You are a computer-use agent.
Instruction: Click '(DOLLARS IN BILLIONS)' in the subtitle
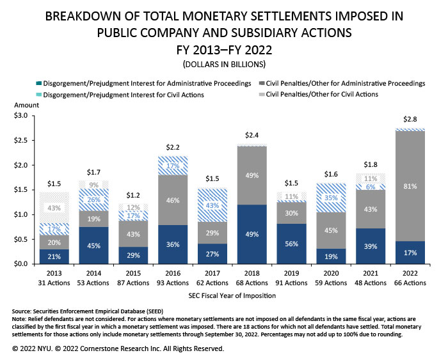pyautogui.click(x=224, y=64)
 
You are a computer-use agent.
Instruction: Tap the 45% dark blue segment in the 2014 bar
pyautogui.click(x=93, y=245)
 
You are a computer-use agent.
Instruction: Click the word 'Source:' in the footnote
pyautogui.click(x=24, y=308)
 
